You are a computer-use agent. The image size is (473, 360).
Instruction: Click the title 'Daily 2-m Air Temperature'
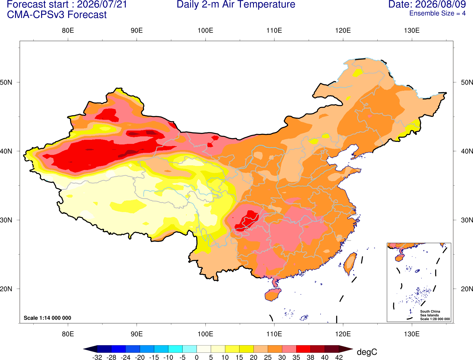coord(236,4)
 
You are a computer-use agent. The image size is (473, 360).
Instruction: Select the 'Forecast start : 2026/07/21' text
coord(67,4)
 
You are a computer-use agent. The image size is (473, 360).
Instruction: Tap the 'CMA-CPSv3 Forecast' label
coord(57,15)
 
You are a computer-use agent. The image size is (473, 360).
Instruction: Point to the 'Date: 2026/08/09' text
coord(427,4)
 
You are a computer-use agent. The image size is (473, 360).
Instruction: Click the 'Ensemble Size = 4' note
coord(437,13)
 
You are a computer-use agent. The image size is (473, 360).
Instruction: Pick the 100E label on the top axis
coord(205,30)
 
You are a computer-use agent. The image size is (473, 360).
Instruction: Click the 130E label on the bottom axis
coord(412,334)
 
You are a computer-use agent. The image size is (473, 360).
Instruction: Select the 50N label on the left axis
coord(6,82)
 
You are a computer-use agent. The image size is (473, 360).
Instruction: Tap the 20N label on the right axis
coord(467,289)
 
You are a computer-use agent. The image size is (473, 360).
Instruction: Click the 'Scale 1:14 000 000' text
coord(48,318)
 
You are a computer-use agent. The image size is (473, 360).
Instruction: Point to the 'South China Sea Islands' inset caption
coord(430,313)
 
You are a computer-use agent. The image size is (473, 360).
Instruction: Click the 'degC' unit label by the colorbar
coord(367,352)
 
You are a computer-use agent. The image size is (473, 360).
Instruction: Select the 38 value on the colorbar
coord(310,357)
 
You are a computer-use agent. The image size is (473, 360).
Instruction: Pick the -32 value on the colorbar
coord(97,357)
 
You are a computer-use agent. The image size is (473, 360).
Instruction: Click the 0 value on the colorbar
coord(197,357)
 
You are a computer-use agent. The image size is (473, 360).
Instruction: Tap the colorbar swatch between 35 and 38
coord(303,349)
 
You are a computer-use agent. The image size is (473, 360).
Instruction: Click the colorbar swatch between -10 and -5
coord(175,349)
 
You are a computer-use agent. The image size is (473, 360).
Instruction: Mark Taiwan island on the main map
coord(350,264)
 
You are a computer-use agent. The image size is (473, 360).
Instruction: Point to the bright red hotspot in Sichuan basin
coord(247,221)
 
